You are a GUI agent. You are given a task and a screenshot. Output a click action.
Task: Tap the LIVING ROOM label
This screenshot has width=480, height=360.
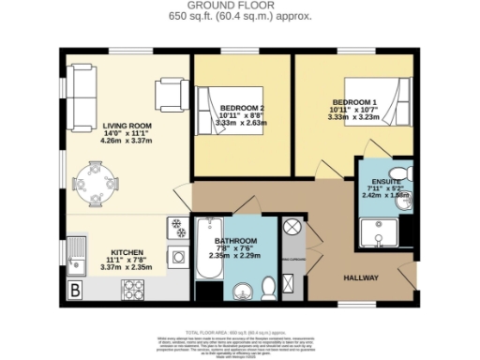point(128,127)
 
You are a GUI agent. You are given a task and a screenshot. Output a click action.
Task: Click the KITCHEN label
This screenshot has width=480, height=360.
point(128,253)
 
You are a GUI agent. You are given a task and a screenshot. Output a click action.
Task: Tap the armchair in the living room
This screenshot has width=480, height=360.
point(172,93)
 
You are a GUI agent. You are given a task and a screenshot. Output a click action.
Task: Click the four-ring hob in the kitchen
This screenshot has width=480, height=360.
point(132,289)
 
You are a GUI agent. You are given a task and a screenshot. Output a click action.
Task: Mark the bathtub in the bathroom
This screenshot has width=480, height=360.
point(206,248)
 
